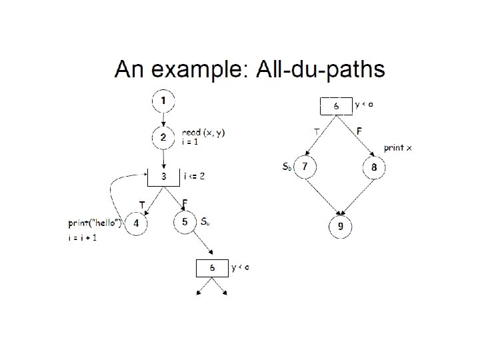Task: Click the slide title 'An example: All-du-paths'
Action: (x=249, y=69)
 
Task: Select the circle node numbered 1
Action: (x=164, y=101)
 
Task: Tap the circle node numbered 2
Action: (x=163, y=139)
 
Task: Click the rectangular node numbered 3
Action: (x=164, y=177)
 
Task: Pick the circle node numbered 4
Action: (x=136, y=224)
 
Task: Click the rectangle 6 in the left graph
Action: (x=212, y=267)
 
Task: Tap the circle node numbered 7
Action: (x=305, y=167)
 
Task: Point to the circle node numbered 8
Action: (x=374, y=167)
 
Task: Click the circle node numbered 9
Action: (x=340, y=227)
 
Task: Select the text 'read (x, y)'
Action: (x=203, y=132)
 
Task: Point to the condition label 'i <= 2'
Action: (x=194, y=177)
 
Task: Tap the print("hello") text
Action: (x=95, y=223)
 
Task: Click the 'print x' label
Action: (x=397, y=147)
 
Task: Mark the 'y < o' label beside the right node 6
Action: (x=364, y=104)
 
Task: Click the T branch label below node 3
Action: (x=141, y=203)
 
